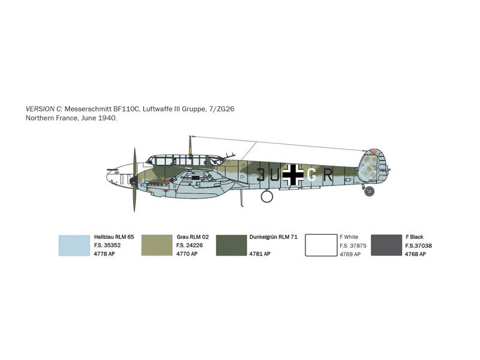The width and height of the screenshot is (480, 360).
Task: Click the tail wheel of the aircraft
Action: click(x=370, y=191)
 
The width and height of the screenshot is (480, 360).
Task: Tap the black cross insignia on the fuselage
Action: click(x=293, y=175)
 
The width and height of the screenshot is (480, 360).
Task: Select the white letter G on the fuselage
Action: click(x=311, y=175)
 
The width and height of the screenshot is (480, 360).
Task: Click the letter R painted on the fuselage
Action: click(x=328, y=175)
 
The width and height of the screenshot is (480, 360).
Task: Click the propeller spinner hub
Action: click(x=133, y=181)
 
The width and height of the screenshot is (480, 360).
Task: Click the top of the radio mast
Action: click(x=190, y=137)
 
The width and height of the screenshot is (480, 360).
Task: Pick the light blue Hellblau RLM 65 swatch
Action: click(x=74, y=245)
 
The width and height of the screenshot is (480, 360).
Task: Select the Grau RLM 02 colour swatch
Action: click(x=157, y=245)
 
